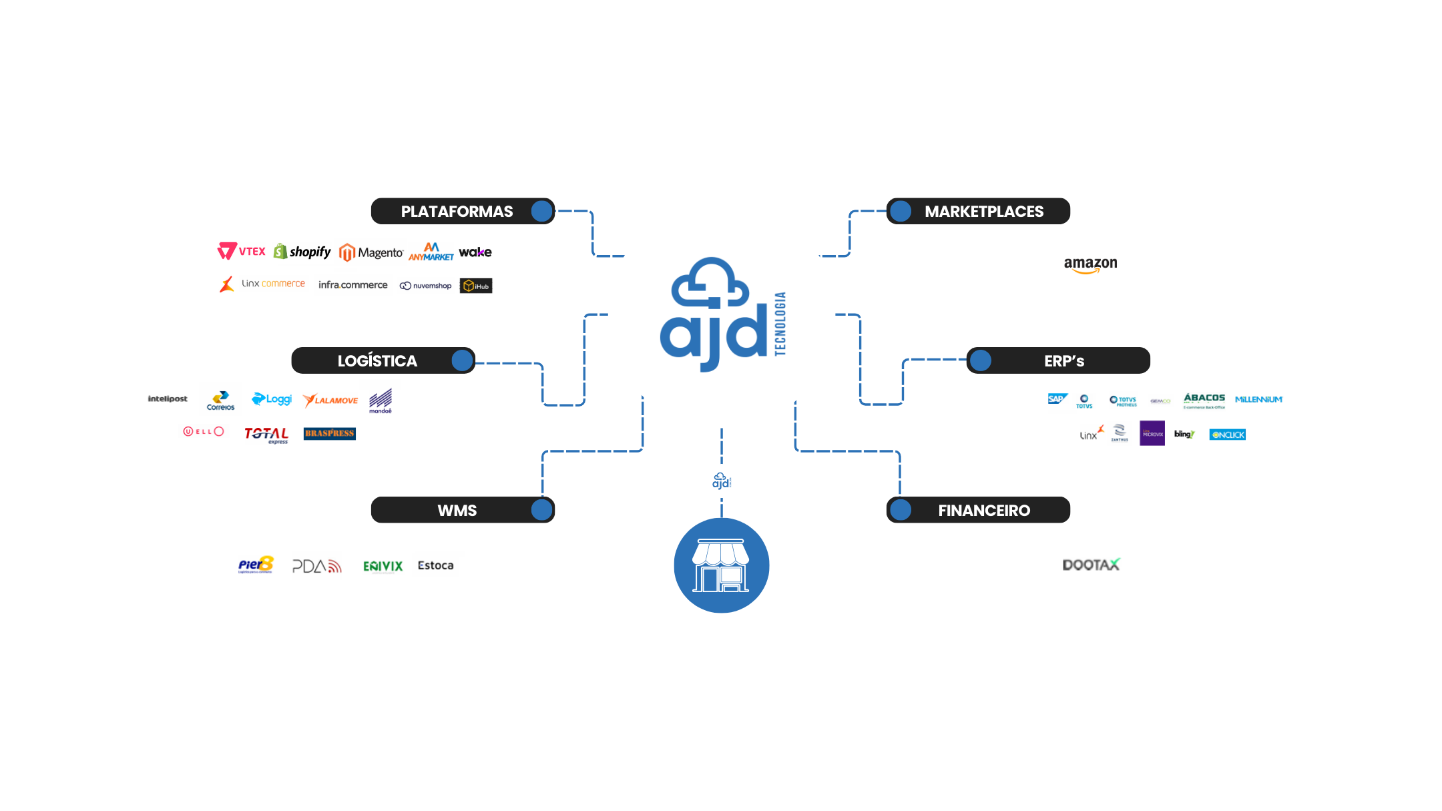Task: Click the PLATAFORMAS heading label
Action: point(457,212)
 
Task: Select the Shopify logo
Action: point(302,252)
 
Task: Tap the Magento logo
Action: point(371,252)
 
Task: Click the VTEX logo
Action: point(242,251)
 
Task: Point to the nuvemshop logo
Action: point(425,286)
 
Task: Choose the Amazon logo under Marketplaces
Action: point(1090,265)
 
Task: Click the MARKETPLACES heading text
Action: point(983,212)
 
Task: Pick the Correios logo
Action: point(220,400)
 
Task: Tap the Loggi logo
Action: point(272,399)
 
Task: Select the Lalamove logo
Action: point(330,400)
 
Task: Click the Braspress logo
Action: point(329,433)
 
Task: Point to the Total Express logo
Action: point(266,435)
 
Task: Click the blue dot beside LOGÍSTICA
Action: point(462,360)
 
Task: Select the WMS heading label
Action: point(457,511)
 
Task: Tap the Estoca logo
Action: point(435,565)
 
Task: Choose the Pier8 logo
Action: point(256,565)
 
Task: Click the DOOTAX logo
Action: point(1091,565)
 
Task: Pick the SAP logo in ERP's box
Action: point(1057,398)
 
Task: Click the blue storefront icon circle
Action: point(721,565)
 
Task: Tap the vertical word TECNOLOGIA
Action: point(780,324)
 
